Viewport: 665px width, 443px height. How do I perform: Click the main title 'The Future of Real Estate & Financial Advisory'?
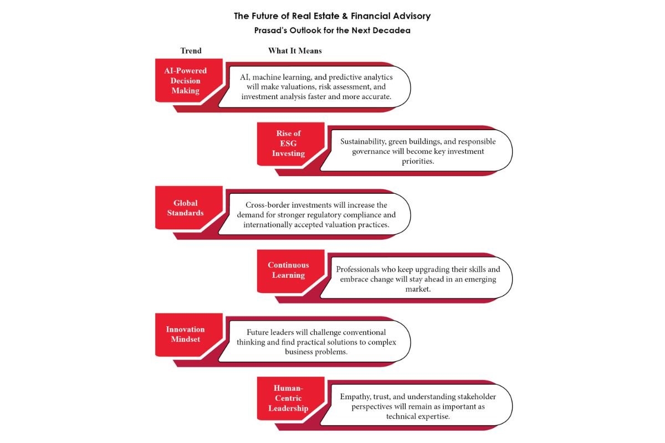tap(332, 16)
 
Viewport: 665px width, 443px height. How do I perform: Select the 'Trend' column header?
tap(191, 51)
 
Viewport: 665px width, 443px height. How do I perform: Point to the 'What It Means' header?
tap(295, 51)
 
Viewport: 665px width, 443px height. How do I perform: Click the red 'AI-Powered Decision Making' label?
tap(186, 81)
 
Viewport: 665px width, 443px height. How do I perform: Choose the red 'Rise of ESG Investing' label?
tap(289, 143)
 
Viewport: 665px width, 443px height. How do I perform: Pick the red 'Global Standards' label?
tap(186, 208)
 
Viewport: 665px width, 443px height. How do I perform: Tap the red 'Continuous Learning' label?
tap(289, 270)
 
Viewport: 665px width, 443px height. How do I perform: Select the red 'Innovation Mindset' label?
tap(186, 334)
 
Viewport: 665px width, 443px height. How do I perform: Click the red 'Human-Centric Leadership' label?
tap(289, 398)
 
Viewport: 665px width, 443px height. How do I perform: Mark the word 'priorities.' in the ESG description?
tap(418, 161)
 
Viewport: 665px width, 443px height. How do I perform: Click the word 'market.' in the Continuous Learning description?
tap(418, 289)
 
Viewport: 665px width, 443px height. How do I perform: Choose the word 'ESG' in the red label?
tap(289, 143)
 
